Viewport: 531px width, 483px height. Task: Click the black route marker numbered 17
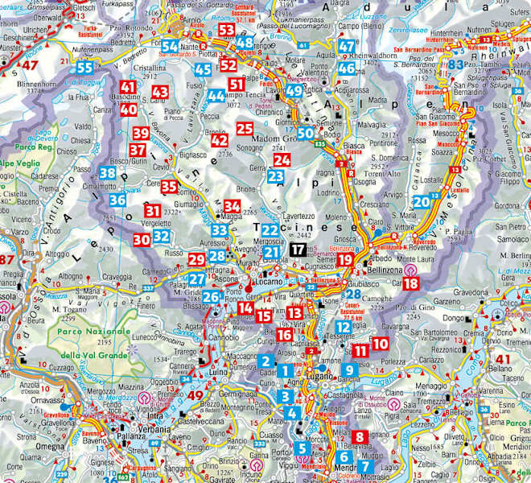point(298,250)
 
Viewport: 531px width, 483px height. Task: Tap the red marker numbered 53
point(226,31)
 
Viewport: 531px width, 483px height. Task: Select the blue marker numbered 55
point(85,68)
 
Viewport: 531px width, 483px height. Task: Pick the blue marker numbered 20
point(421,202)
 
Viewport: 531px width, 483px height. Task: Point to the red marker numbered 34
point(233,207)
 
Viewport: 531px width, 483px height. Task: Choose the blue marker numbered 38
point(108,172)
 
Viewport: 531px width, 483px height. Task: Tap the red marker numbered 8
point(360,437)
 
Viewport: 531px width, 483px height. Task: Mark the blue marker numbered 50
point(306,133)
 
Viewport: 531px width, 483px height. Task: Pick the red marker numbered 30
point(142,238)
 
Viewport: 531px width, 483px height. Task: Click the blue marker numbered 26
point(211,298)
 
